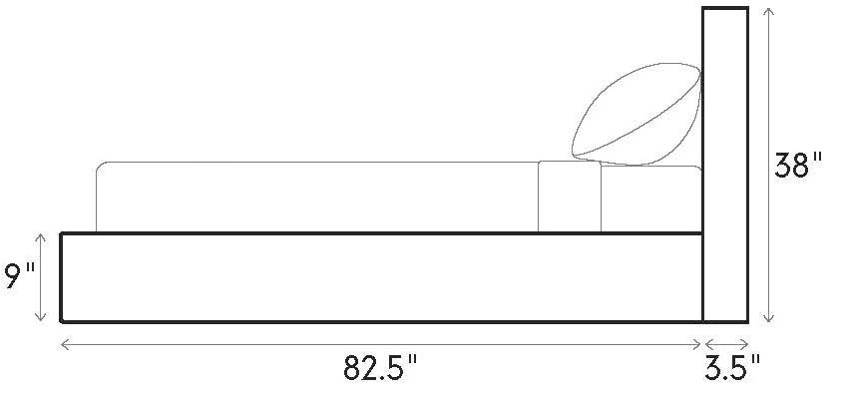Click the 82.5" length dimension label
(x=380, y=368)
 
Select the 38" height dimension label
(x=799, y=165)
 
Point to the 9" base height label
(x=19, y=276)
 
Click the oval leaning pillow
(x=636, y=114)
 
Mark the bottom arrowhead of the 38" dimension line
(x=769, y=319)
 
